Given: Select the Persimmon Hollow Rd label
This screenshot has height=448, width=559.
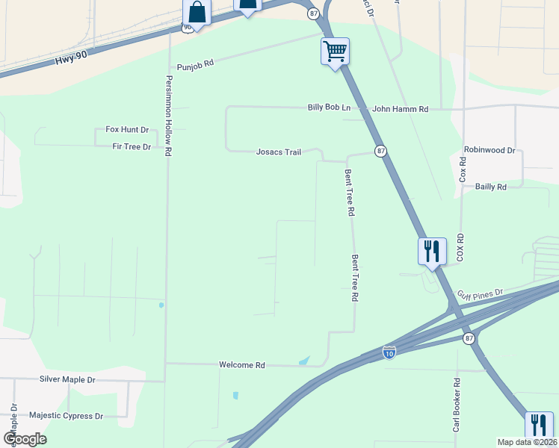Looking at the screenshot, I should [169, 116].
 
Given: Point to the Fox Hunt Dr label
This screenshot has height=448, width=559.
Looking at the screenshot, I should [127, 129].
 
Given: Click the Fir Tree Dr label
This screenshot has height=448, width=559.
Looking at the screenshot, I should [132, 147].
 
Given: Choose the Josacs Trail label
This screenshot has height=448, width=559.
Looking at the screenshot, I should [279, 152].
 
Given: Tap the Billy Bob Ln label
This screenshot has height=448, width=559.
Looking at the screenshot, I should [329, 108].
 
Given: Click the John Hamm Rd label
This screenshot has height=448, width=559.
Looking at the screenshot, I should [400, 109].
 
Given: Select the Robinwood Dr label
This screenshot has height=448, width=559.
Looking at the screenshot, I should [489, 150].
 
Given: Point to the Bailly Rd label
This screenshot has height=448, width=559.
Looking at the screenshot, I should [490, 187].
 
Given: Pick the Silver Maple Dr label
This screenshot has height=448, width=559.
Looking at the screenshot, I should [67, 379].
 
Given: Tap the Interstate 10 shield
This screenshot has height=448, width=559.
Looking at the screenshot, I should [389, 352].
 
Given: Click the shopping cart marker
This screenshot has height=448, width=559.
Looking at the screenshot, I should [336, 52].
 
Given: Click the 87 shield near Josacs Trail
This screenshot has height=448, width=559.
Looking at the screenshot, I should [381, 151].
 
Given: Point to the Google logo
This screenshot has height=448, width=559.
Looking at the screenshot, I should [25, 438].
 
